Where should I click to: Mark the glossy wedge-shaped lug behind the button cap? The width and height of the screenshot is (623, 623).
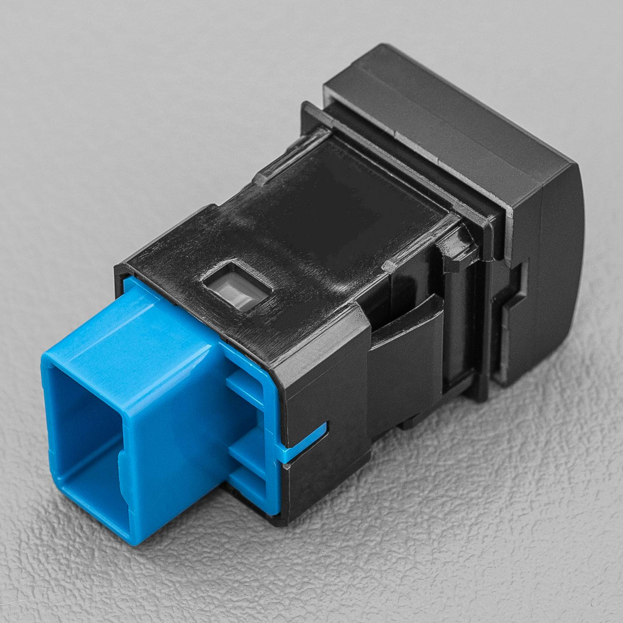tap(457, 245)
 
